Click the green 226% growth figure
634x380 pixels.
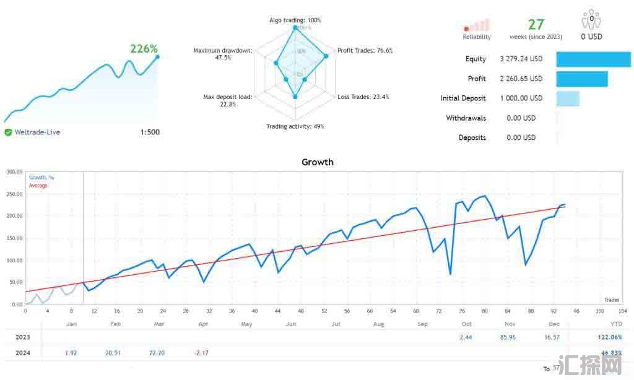144,49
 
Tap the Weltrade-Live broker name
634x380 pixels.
37,132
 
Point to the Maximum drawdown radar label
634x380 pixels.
222,54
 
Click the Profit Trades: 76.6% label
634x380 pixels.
365,51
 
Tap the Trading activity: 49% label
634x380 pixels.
295,126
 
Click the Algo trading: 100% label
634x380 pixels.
295,20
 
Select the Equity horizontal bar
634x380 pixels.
593,59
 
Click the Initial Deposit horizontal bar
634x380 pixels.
568,98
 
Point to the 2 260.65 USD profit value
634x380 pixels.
521,79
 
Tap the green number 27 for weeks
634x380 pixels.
536,24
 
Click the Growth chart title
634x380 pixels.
317,162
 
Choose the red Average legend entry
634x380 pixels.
38,186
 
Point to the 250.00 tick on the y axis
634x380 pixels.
14,194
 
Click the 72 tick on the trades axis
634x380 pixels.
438,311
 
